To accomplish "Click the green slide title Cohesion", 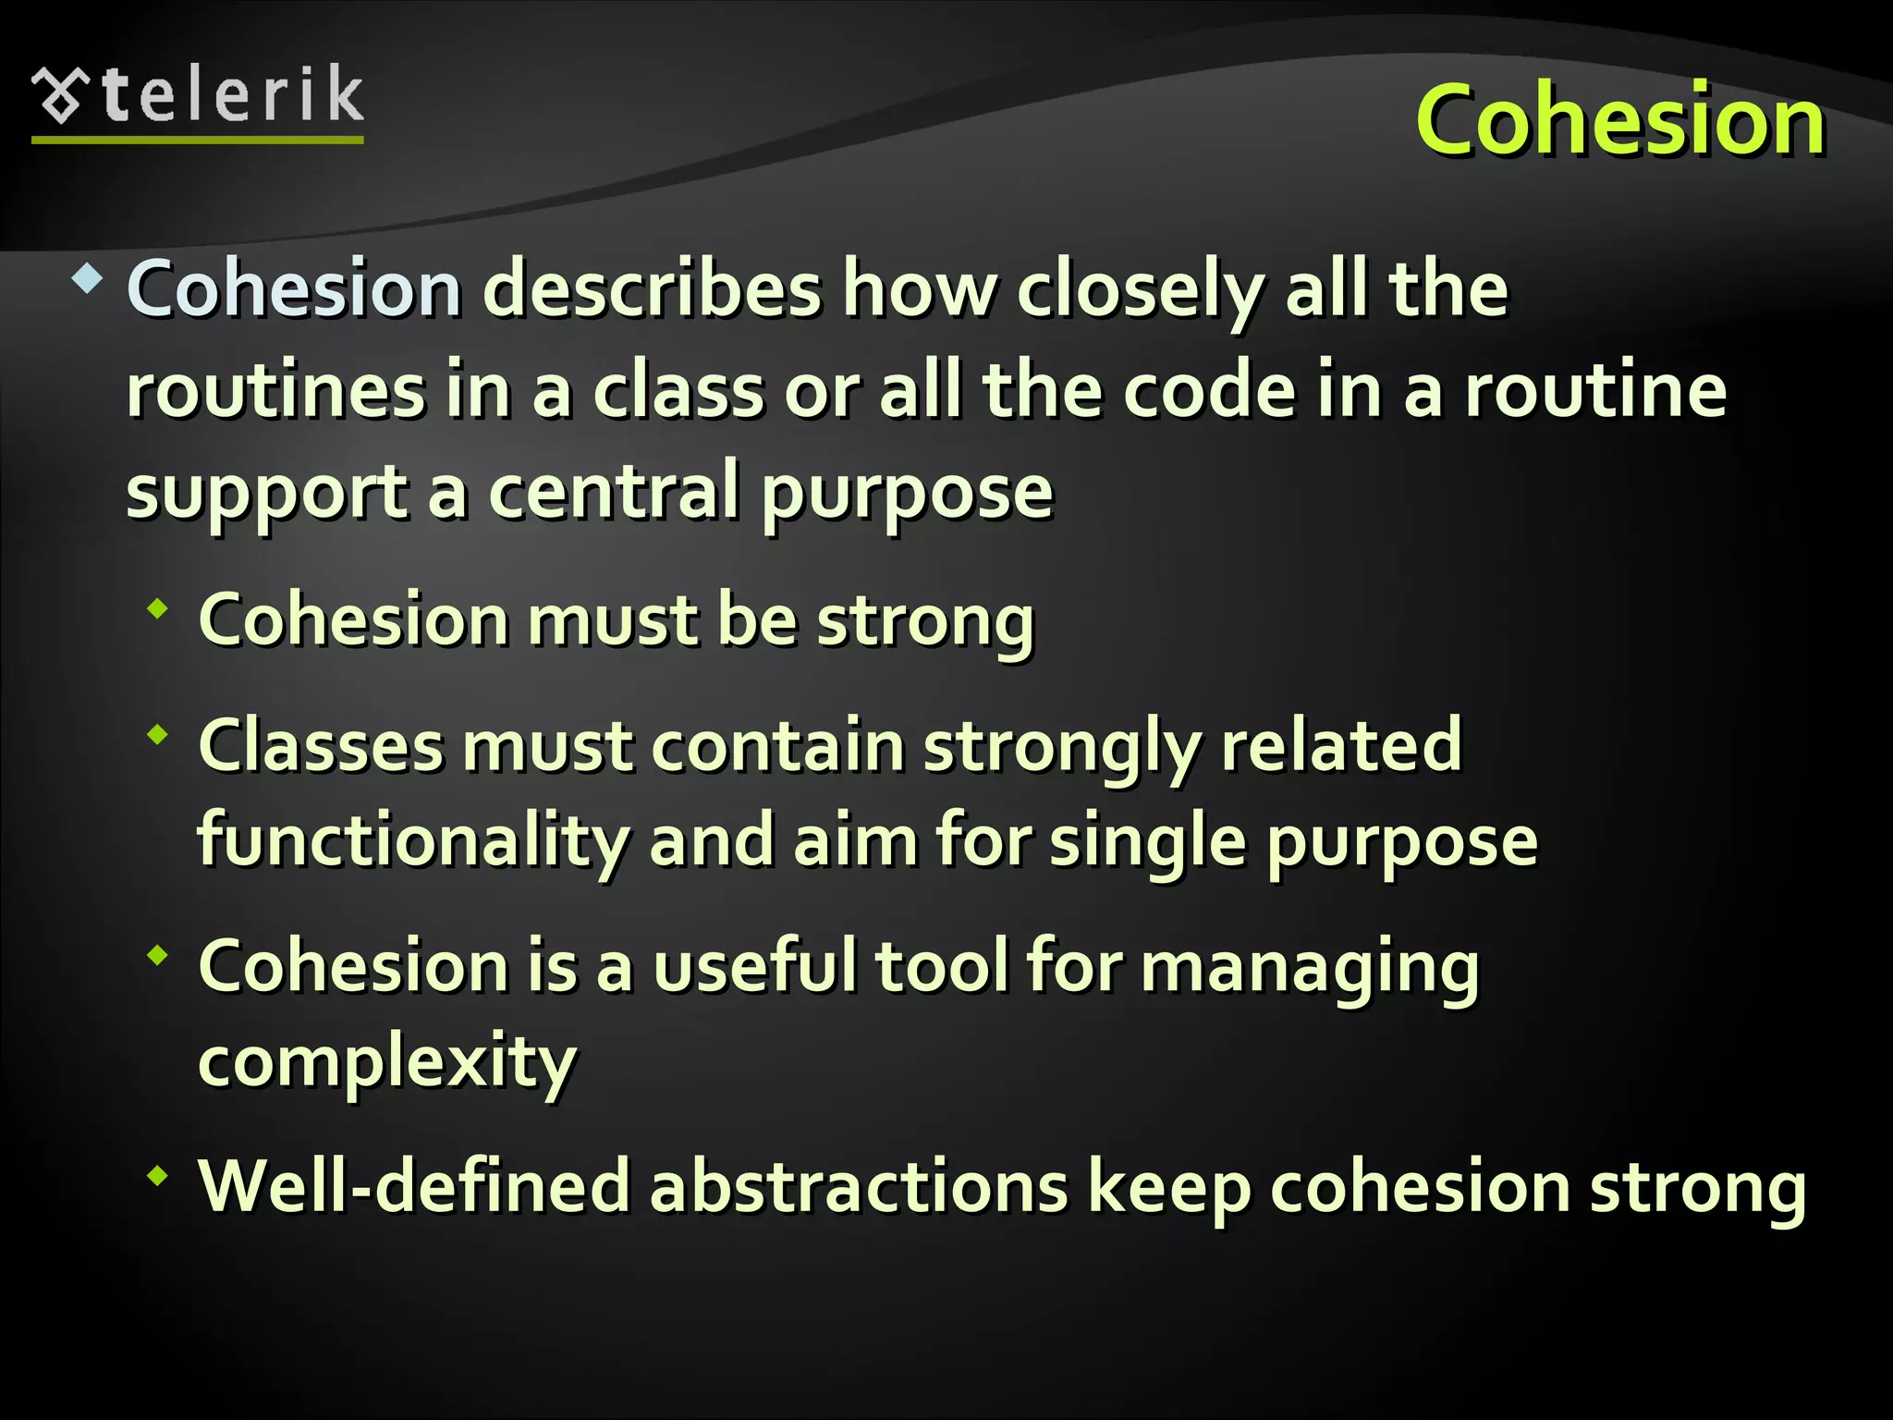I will coord(1619,120).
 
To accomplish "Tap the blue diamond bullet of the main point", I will coord(87,279).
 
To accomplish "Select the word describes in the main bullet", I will coord(652,289).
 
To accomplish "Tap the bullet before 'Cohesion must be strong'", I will coord(158,608).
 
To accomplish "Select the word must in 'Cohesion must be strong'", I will coord(613,619).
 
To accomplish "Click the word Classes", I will coord(321,746).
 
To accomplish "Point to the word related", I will coord(1341,746).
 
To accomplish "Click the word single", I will coord(1148,842).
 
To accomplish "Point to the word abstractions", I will coord(859,1186).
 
